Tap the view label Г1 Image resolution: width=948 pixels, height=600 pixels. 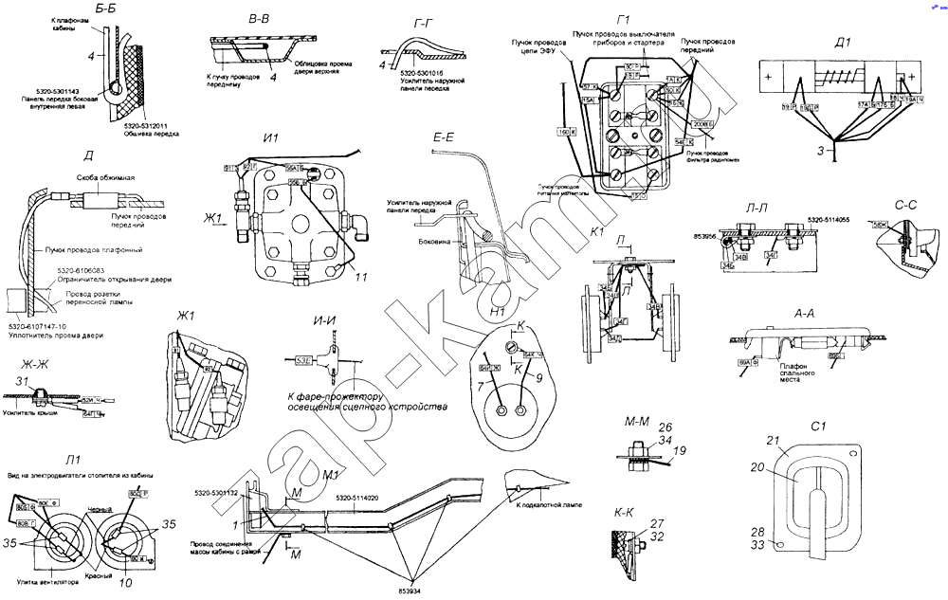pos(623,20)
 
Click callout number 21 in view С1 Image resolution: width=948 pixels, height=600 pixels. pos(773,440)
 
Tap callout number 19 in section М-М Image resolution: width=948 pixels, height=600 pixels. pos(680,452)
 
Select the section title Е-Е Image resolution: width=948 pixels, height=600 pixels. pos(444,138)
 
